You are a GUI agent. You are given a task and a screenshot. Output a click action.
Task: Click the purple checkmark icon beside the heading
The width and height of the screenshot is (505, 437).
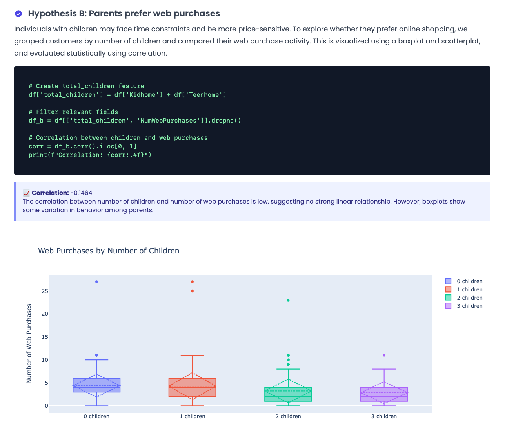tap(18, 14)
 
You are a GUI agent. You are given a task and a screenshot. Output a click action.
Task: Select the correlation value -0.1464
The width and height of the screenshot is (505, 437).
tap(81, 193)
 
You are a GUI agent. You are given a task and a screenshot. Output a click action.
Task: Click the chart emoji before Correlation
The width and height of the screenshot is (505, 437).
tap(26, 193)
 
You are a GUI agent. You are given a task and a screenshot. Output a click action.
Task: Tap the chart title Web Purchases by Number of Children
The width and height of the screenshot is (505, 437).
tap(109, 251)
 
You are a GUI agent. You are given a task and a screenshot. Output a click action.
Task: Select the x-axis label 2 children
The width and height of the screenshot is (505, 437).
tap(288, 416)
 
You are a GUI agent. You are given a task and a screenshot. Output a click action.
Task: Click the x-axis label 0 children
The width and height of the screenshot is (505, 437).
tap(96, 416)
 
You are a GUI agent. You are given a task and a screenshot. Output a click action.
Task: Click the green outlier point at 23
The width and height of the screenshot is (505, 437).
tap(288, 300)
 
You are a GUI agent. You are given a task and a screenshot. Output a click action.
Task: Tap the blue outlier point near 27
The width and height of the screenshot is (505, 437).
tap(96, 282)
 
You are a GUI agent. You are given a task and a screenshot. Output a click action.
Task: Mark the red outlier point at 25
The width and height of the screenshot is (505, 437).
tap(192, 291)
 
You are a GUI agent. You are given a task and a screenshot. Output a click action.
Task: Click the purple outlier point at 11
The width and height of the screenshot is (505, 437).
tap(384, 355)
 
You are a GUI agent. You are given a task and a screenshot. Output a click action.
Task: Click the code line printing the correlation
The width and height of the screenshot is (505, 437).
tap(90, 155)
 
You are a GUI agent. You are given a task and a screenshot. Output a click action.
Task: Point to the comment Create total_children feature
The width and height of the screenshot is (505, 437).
tap(86, 86)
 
